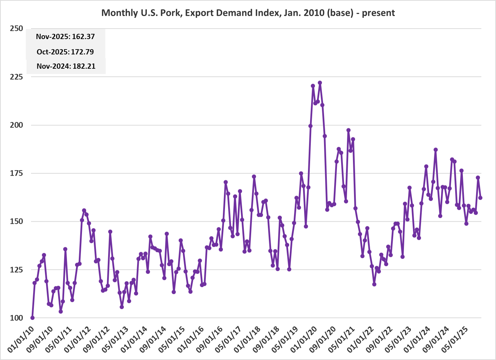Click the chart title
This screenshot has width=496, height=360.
click(x=248, y=13)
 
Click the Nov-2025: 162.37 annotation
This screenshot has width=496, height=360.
click(x=65, y=37)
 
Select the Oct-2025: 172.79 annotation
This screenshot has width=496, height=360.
click(x=65, y=52)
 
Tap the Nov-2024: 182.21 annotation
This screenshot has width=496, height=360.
click(x=66, y=66)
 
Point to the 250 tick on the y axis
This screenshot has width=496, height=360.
click(x=16, y=29)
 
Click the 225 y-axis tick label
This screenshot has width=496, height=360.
click(x=16, y=77)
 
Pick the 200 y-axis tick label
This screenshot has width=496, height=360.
click(x=16, y=125)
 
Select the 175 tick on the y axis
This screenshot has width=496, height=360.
click(x=16, y=173)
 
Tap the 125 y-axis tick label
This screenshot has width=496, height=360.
click(x=16, y=270)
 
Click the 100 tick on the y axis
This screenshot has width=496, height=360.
click(x=16, y=318)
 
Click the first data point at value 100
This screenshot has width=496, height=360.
click(x=32, y=318)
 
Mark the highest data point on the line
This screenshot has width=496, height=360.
click(x=320, y=83)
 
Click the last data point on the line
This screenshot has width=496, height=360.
click(x=480, y=198)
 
